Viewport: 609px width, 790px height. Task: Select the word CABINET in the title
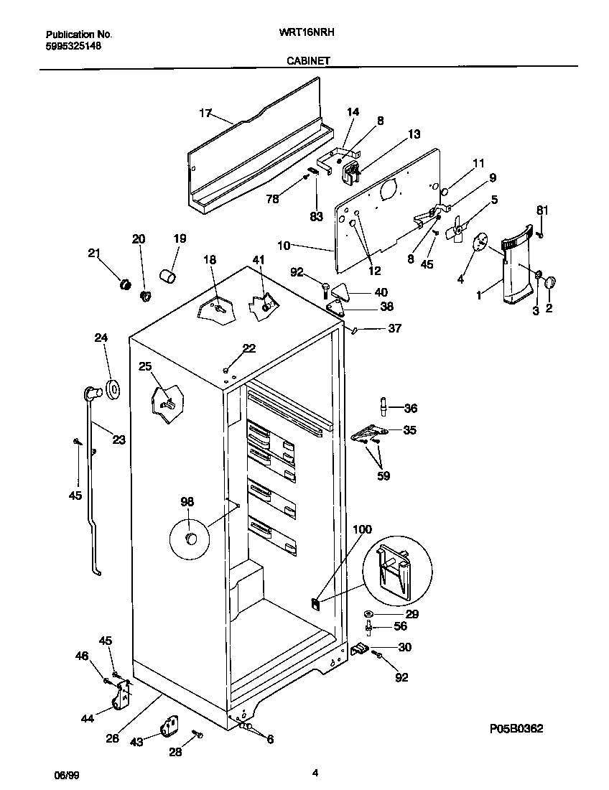pos(308,61)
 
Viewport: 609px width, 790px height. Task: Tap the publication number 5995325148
pos(73,45)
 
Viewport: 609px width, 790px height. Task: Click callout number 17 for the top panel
pos(205,113)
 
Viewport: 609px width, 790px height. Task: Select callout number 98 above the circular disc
pos(187,502)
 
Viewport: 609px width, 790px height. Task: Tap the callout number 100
pos(363,529)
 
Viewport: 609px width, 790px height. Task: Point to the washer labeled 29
pos(368,615)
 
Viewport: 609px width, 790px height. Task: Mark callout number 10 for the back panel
pos(284,246)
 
